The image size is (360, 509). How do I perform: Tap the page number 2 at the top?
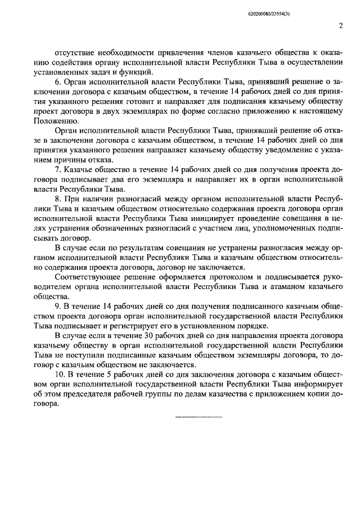[x=341, y=25]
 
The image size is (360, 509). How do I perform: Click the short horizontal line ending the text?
[x=200, y=417]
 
